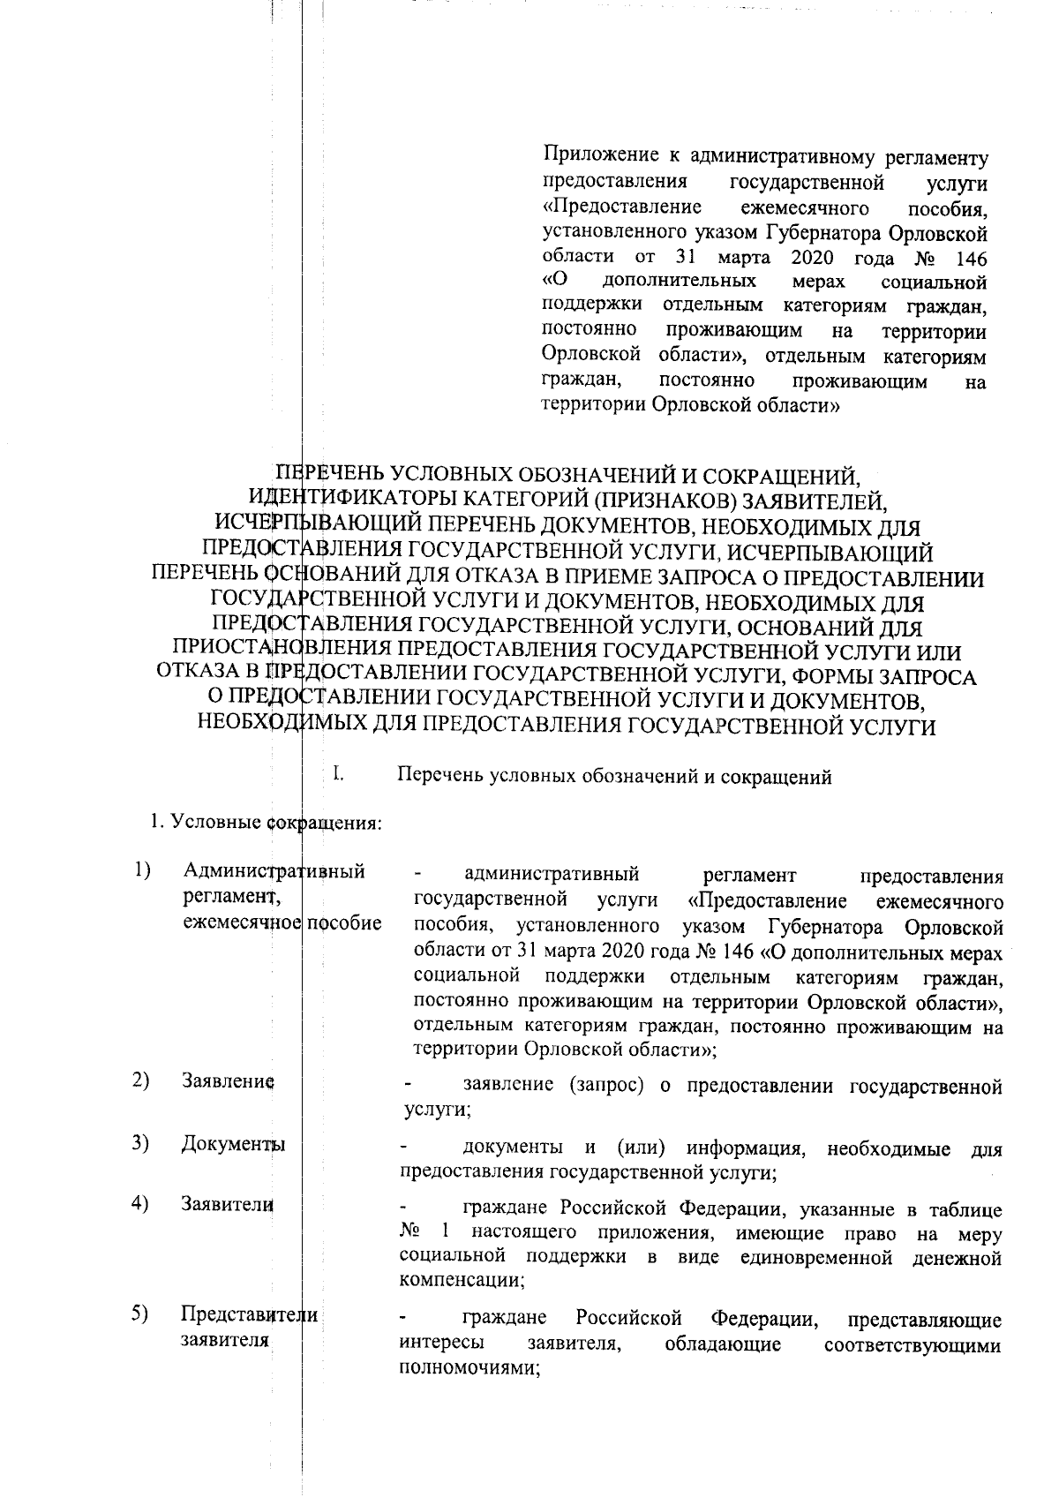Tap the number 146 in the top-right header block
click(968, 259)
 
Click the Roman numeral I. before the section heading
click(337, 777)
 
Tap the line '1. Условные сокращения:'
click(265, 824)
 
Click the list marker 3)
click(139, 1144)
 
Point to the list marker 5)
click(139, 1314)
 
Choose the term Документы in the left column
click(233, 1146)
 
